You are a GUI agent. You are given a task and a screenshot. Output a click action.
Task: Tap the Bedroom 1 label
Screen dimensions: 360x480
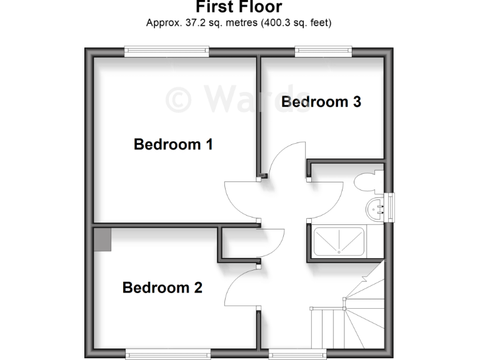coord(173,144)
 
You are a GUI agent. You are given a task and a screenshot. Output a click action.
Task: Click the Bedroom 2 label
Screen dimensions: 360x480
coord(162,288)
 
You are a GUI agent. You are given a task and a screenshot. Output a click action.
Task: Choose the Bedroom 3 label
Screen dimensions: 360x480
coord(321,102)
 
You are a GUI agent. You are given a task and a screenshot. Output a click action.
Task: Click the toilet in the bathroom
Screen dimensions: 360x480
coord(364,182)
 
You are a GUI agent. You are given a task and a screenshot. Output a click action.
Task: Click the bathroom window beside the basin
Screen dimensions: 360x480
coord(391,207)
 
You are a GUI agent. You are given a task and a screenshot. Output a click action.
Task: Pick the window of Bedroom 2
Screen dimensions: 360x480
coord(166,354)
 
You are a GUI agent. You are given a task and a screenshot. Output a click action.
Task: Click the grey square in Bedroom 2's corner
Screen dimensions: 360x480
coord(102,239)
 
